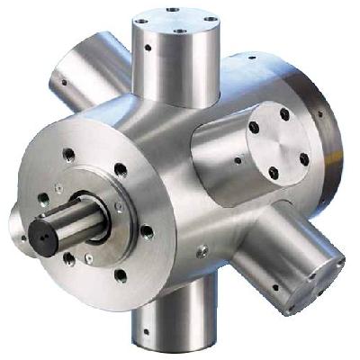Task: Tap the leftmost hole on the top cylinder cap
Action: pyautogui.click(x=147, y=22)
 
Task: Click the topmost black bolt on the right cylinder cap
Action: pyautogui.click(x=284, y=115)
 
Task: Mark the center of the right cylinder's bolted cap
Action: pyautogui.click(x=280, y=147)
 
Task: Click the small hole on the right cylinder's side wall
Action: pyautogui.click(x=237, y=163)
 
